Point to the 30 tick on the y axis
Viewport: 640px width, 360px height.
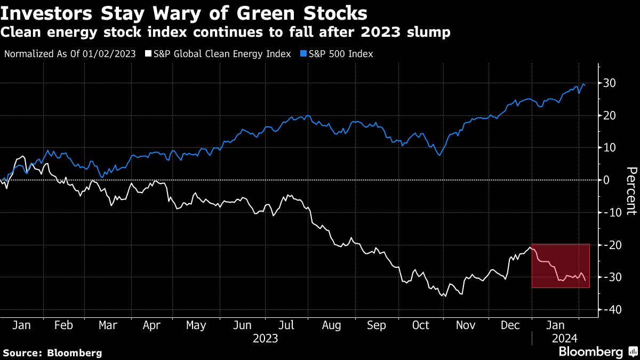[610, 83]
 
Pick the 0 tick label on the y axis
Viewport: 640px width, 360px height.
[606, 180]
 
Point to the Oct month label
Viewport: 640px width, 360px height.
[421, 325]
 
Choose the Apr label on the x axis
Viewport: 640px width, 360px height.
[153, 325]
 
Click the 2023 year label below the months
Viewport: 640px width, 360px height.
[265, 338]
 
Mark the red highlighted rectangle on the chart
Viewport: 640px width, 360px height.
[561, 266]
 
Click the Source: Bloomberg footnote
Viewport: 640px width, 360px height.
[52, 353]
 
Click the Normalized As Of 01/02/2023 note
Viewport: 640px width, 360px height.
[70, 54]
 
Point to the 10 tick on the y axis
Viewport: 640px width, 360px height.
[610, 148]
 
